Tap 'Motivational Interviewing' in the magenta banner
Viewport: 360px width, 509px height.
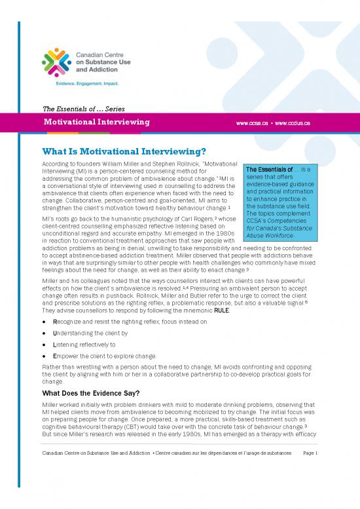point(96,123)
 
